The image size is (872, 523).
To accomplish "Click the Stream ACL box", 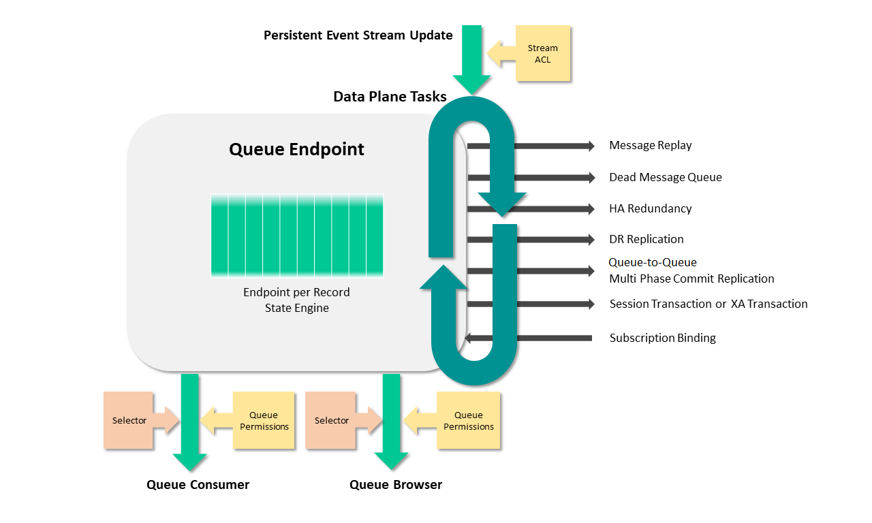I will pos(542,54).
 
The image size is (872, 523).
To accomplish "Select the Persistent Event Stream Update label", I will pos(358,35).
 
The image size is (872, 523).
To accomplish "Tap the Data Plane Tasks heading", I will pos(390,97).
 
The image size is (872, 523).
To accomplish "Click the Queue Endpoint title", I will pos(296,149).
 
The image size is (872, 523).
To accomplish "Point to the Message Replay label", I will pos(650,146).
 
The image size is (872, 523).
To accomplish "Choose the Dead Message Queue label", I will pos(665,178).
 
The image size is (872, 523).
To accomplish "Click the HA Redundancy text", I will pos(650,209).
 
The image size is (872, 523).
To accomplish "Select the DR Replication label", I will pos(646,240).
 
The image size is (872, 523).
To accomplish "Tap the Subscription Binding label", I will pos(662,338).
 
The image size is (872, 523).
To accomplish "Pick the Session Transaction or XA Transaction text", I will pos(708,304).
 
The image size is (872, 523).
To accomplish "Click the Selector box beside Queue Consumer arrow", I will pos(129,421).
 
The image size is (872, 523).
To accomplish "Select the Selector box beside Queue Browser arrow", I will pos(331,421).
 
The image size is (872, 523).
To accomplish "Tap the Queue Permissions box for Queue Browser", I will pos(469,421).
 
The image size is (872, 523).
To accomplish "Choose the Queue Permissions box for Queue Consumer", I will pos(264,421).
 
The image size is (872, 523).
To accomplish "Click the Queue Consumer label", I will pos(198,485).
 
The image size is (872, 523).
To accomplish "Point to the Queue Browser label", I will pos(395,485).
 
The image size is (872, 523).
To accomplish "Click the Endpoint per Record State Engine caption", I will pos(296,300).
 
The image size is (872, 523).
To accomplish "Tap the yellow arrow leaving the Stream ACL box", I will pos(501,54).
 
